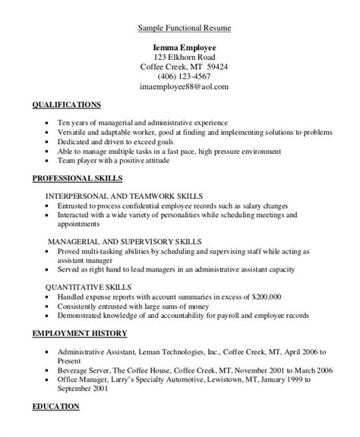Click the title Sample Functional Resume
point(185,29)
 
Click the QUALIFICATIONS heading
point(65,104)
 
